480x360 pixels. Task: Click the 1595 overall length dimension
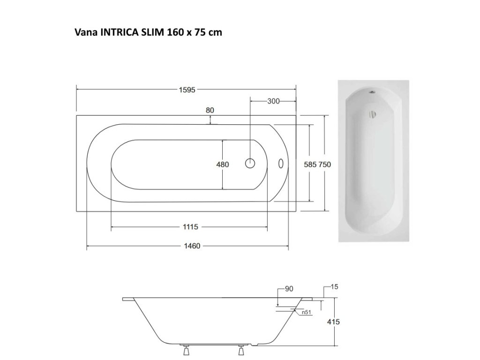[x=187, y=90]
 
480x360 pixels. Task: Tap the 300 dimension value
[x=273, y=101]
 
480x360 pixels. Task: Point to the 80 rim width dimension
[x=210, y=110]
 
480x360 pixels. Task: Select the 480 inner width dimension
[x=223, y=165]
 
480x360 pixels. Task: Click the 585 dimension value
[x=310, y=165]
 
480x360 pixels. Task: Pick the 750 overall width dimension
[x=324, y=165]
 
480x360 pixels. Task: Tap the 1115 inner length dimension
[x=190, y=227]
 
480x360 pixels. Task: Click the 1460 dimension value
[x=192, y=246]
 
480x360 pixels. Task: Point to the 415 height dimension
[x=333, y=322]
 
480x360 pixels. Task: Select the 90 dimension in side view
[x=289, y=289]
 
